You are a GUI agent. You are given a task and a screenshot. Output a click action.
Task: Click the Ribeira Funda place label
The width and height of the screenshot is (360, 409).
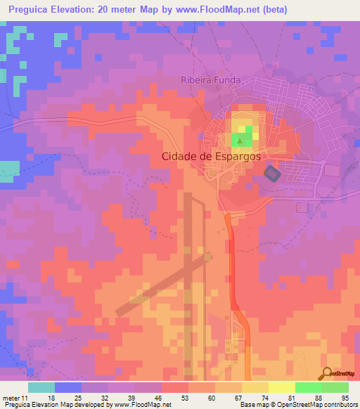210,80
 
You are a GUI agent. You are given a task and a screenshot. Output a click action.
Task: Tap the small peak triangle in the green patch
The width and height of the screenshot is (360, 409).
240,141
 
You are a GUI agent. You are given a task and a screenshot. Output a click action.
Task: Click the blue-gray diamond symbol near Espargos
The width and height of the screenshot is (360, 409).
271,172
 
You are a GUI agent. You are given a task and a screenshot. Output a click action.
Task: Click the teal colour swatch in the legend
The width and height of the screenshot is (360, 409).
41,387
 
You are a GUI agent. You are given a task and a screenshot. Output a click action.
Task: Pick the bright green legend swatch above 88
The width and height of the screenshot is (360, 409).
308,387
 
